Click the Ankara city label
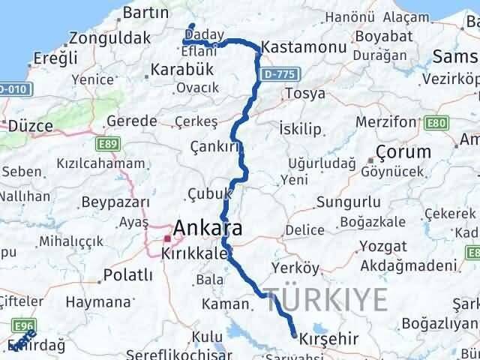click(208, 228)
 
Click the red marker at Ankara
click(167, 239)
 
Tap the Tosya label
click(304, 93)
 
